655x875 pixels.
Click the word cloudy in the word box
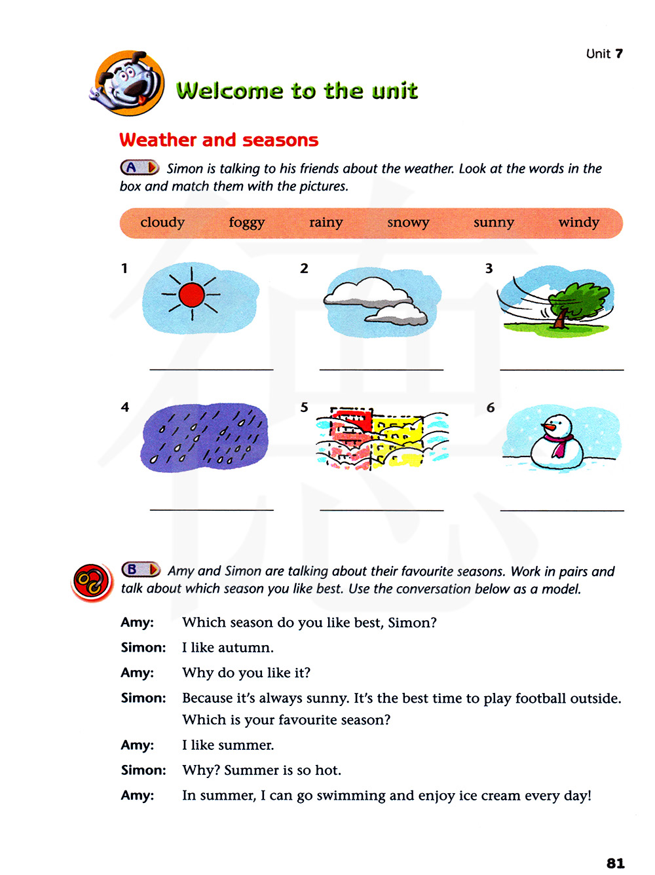162,223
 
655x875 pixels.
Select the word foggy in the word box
246,223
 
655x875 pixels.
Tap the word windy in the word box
578,223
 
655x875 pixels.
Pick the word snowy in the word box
408,223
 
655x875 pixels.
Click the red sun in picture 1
192,295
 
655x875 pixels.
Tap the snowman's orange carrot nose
549,428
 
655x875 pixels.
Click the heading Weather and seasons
219,140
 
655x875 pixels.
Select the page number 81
615,863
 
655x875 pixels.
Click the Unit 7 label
604,54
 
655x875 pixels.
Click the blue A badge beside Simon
139,168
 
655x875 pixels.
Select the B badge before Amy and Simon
140,570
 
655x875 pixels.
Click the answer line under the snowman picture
561,510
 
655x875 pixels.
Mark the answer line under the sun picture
211,369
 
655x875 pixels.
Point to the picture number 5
304,407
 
